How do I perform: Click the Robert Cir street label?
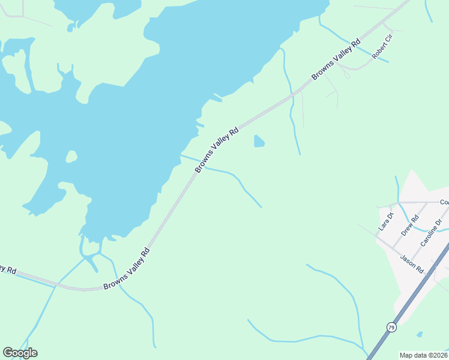click(x=382, y=47)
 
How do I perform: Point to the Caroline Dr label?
click(x=431, y=233)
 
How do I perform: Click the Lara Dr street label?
click(x=385, y=222)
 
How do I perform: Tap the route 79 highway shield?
click(x=391, y=327)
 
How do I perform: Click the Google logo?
click(x=20, y=353)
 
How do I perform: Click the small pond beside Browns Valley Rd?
click(x=259, y=141)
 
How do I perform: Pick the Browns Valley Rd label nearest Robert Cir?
click(x=336, y=60)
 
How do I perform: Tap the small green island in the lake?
click(x=71, y=157)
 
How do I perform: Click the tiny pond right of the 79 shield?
click(x=419, y=334)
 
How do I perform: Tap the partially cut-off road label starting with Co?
click(x=444, y=202)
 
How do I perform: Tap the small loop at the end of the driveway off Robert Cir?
click(x=345, y=75)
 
